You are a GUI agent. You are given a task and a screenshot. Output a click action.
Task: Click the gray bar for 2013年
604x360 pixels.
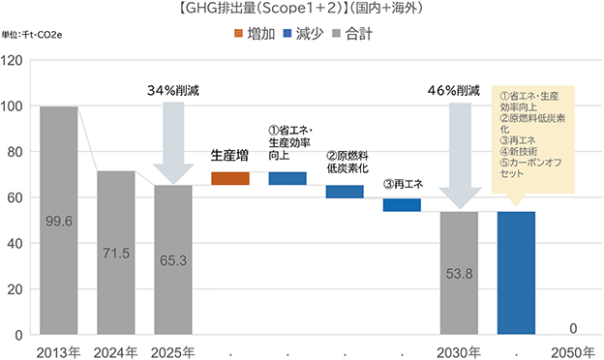pos(59,221)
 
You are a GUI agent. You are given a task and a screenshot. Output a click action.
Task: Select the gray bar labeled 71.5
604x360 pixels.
pos(116,253)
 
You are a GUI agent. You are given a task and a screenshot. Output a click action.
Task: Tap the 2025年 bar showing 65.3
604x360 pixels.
pos(173,260)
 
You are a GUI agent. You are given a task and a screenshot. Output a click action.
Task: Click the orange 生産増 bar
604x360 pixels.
pos(230,178)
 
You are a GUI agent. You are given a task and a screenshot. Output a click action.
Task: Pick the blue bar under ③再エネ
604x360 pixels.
pos(402,205)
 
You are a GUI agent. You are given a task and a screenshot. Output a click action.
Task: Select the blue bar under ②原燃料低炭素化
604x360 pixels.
pos(345,192)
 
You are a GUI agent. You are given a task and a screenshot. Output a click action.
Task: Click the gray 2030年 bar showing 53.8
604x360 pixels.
pos(459,273)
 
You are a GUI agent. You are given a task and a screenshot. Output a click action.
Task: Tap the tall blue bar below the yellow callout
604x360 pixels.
pos(516,273)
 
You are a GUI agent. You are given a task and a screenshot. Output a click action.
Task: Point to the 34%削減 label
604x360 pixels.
pos(173,90)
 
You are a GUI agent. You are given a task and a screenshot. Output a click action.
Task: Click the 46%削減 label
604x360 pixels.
pos(454,90)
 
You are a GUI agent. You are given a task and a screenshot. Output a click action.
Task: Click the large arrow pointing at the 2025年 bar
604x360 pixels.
pos(173,143)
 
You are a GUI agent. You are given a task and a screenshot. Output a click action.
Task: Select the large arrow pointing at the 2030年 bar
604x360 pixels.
pos(461,156)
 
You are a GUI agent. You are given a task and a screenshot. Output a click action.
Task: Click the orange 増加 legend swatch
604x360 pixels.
pos(238,34)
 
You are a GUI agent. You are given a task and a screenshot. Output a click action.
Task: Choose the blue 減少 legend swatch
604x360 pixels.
pos(287,34)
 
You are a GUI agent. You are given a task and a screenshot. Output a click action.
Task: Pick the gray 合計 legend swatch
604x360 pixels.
pos(337,34)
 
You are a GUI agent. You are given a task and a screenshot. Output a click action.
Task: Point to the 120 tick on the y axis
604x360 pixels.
pos(12,60)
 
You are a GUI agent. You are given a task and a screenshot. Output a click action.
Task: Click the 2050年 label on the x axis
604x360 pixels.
pos(573,352)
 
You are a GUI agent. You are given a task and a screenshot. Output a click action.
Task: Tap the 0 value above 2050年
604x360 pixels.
pos(573,328)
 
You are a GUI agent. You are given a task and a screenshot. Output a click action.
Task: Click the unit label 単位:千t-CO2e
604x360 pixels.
pos(32,35)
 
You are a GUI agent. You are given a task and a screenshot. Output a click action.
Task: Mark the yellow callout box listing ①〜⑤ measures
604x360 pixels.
pos(533,139)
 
